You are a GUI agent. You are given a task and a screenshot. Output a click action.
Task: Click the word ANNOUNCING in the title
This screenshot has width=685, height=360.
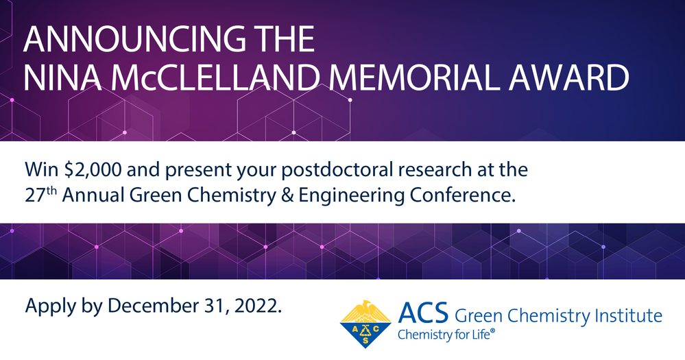click(x=134, y=39)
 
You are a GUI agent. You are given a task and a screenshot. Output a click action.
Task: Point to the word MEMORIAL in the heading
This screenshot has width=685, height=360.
click(x=412, y=77)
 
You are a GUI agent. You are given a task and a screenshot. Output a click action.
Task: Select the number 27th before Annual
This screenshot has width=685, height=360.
click(x=40, y=194)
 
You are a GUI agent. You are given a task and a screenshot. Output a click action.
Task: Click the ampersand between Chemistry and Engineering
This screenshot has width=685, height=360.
click(x=287, y=195)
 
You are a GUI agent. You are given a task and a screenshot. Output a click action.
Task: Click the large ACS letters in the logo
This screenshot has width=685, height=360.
click(x=423, y=313)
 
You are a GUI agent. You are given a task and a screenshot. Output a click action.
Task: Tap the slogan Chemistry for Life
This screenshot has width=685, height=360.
click(x=446, y=335)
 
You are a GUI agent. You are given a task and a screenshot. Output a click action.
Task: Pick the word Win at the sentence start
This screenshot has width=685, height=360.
click(x=42, y=169)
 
